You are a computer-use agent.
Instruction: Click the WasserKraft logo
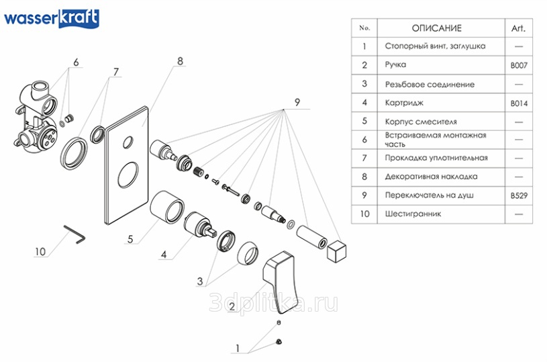(52, 18)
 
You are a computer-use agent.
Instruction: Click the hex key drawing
(74, 234)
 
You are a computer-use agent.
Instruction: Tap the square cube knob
(337, 251)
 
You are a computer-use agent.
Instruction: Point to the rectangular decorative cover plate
(127, 165)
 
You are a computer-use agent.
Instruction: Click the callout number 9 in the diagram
(297, 102)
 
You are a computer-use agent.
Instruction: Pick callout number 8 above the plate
(180, 61)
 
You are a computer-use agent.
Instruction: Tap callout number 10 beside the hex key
(40, 251)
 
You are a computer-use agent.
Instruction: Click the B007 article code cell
(519, 65)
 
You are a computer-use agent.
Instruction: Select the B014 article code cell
(519, 103)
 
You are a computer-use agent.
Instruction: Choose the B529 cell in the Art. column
(519, 195)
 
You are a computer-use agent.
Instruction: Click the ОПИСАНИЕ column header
(437, 28)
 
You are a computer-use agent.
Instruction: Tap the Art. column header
(518, 28)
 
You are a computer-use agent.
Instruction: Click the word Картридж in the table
(404, 103)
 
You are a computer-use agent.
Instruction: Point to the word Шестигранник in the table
(413, 214)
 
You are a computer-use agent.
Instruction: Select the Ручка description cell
(441, 65)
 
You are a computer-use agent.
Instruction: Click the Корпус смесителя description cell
(441, 122)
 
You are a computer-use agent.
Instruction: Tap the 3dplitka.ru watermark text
(274, 303)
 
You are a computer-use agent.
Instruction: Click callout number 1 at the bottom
(238, 348)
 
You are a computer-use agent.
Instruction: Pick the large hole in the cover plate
(128, 174)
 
